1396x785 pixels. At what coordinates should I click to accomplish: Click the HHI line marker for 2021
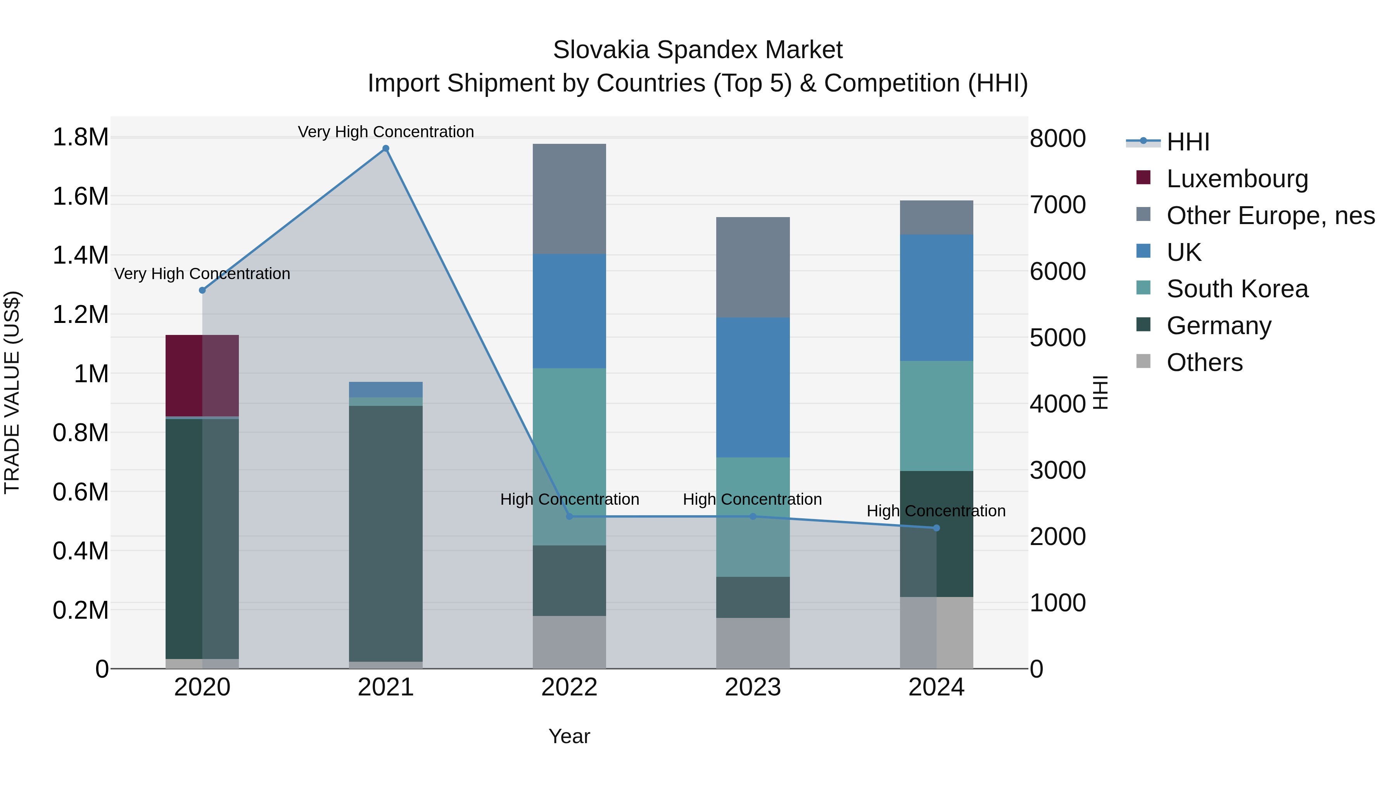coord(386,148)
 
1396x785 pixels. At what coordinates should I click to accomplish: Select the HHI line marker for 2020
coord(202,290)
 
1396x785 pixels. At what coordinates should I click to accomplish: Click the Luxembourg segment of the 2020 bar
coord(202,375)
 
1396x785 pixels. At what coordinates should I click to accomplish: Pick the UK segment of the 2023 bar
coord(753,387)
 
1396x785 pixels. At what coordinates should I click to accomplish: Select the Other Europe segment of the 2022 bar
coord(569,199)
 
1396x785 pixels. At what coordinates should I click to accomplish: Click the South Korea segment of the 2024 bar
coord(936,416)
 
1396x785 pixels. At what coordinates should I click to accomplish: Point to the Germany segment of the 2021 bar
coord(386,534)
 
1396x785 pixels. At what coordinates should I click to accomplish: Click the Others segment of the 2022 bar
coord(569,642)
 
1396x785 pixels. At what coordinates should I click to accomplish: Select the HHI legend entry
coord(1187,142)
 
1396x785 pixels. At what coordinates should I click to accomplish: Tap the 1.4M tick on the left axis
coord(80,255)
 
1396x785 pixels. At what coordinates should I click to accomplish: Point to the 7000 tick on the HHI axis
coord(1057,205)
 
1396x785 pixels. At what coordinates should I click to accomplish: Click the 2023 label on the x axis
coord(753,687)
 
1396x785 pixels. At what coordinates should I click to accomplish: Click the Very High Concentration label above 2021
coord(386,132)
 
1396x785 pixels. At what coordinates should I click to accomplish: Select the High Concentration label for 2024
coord(936,511)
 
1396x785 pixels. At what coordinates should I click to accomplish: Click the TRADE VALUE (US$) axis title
coord(12,392)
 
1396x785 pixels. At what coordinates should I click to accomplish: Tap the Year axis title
coord(569,736)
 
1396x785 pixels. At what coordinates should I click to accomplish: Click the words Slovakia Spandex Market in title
coord(698,50)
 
